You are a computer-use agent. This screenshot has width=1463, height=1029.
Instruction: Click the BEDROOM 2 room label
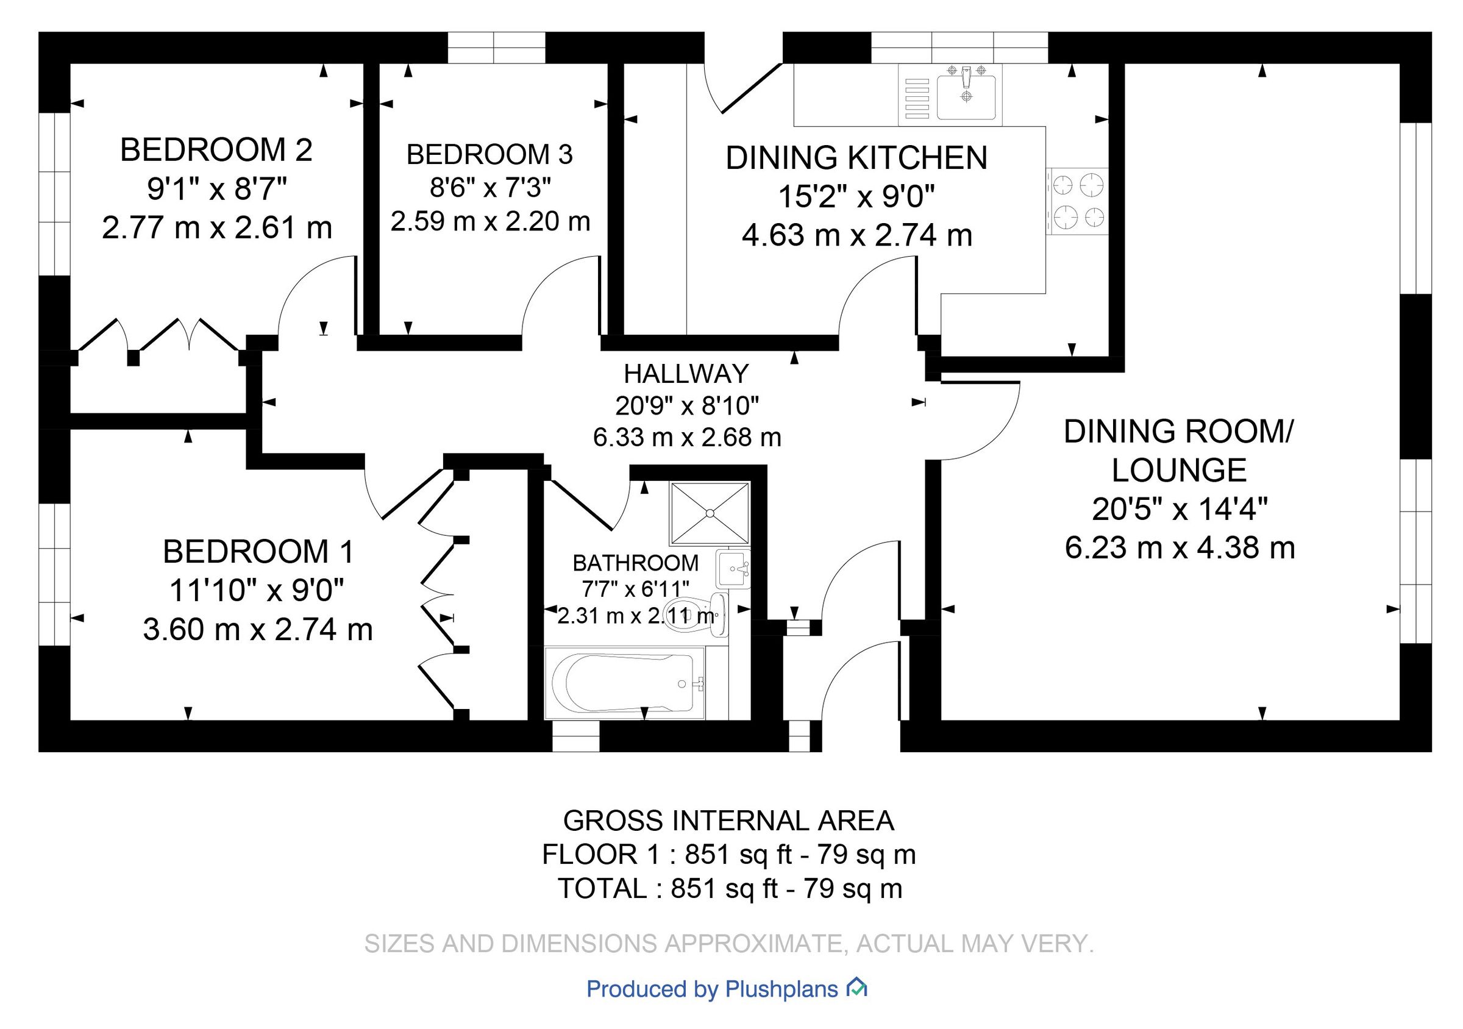216,151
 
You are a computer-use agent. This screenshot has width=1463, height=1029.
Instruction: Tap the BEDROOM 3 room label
489,155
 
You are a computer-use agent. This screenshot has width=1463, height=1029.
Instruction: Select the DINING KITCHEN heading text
856,158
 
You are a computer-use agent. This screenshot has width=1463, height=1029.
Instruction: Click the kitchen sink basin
966,97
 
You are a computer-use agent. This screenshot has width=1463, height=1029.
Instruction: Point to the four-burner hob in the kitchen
1078,201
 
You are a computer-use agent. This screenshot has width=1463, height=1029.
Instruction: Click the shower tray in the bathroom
709,513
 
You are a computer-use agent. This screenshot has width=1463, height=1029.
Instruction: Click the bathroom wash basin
733,568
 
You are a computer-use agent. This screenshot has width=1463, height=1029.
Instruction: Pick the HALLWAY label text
686,374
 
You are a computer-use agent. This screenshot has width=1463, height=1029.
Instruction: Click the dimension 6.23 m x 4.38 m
1180,548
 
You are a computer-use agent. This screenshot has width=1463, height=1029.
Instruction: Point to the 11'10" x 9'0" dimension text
256,591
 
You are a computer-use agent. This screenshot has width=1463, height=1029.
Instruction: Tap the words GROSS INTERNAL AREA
728,821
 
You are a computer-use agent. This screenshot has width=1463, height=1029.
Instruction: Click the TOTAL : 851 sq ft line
730,889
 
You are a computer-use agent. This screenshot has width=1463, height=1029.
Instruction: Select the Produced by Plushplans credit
712,989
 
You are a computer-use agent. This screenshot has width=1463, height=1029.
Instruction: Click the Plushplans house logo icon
856,988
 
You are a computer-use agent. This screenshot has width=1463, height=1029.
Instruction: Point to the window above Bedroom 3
496,48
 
